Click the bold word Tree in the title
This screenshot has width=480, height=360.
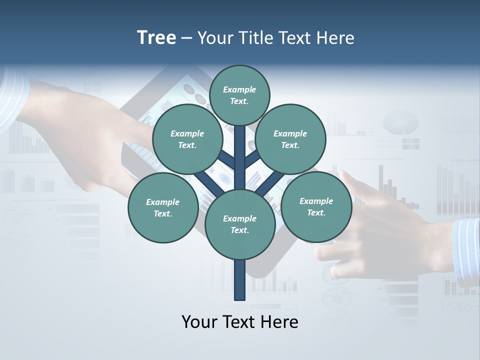point(156,38)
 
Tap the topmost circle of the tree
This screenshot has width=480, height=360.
point(239,95)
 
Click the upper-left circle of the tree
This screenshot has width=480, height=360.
point(187,139)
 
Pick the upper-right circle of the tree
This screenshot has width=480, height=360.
point(290,139)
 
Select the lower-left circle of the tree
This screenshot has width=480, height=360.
point(163,207)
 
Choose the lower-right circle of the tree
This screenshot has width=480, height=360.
point(316,206)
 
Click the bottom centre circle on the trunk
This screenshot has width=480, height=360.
point(240,224)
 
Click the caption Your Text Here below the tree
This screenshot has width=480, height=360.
point(240,322)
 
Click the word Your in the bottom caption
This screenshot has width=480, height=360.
point(199,322)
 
